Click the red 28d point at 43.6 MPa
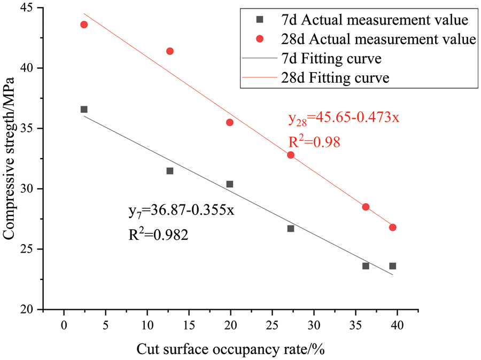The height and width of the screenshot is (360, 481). pos(84,25)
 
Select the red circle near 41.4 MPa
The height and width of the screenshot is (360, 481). pos(170,51)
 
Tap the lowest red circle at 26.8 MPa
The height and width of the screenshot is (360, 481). pos(393,228)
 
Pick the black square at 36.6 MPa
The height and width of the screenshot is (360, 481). pos(84,109)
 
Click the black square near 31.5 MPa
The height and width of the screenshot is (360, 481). pos(170,171)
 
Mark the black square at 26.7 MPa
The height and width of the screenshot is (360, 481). pos(291,229)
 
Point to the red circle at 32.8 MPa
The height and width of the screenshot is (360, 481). pos(291,155)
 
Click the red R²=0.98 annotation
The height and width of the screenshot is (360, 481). pos(314,142)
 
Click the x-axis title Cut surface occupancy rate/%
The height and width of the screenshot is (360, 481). pos(231,349)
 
